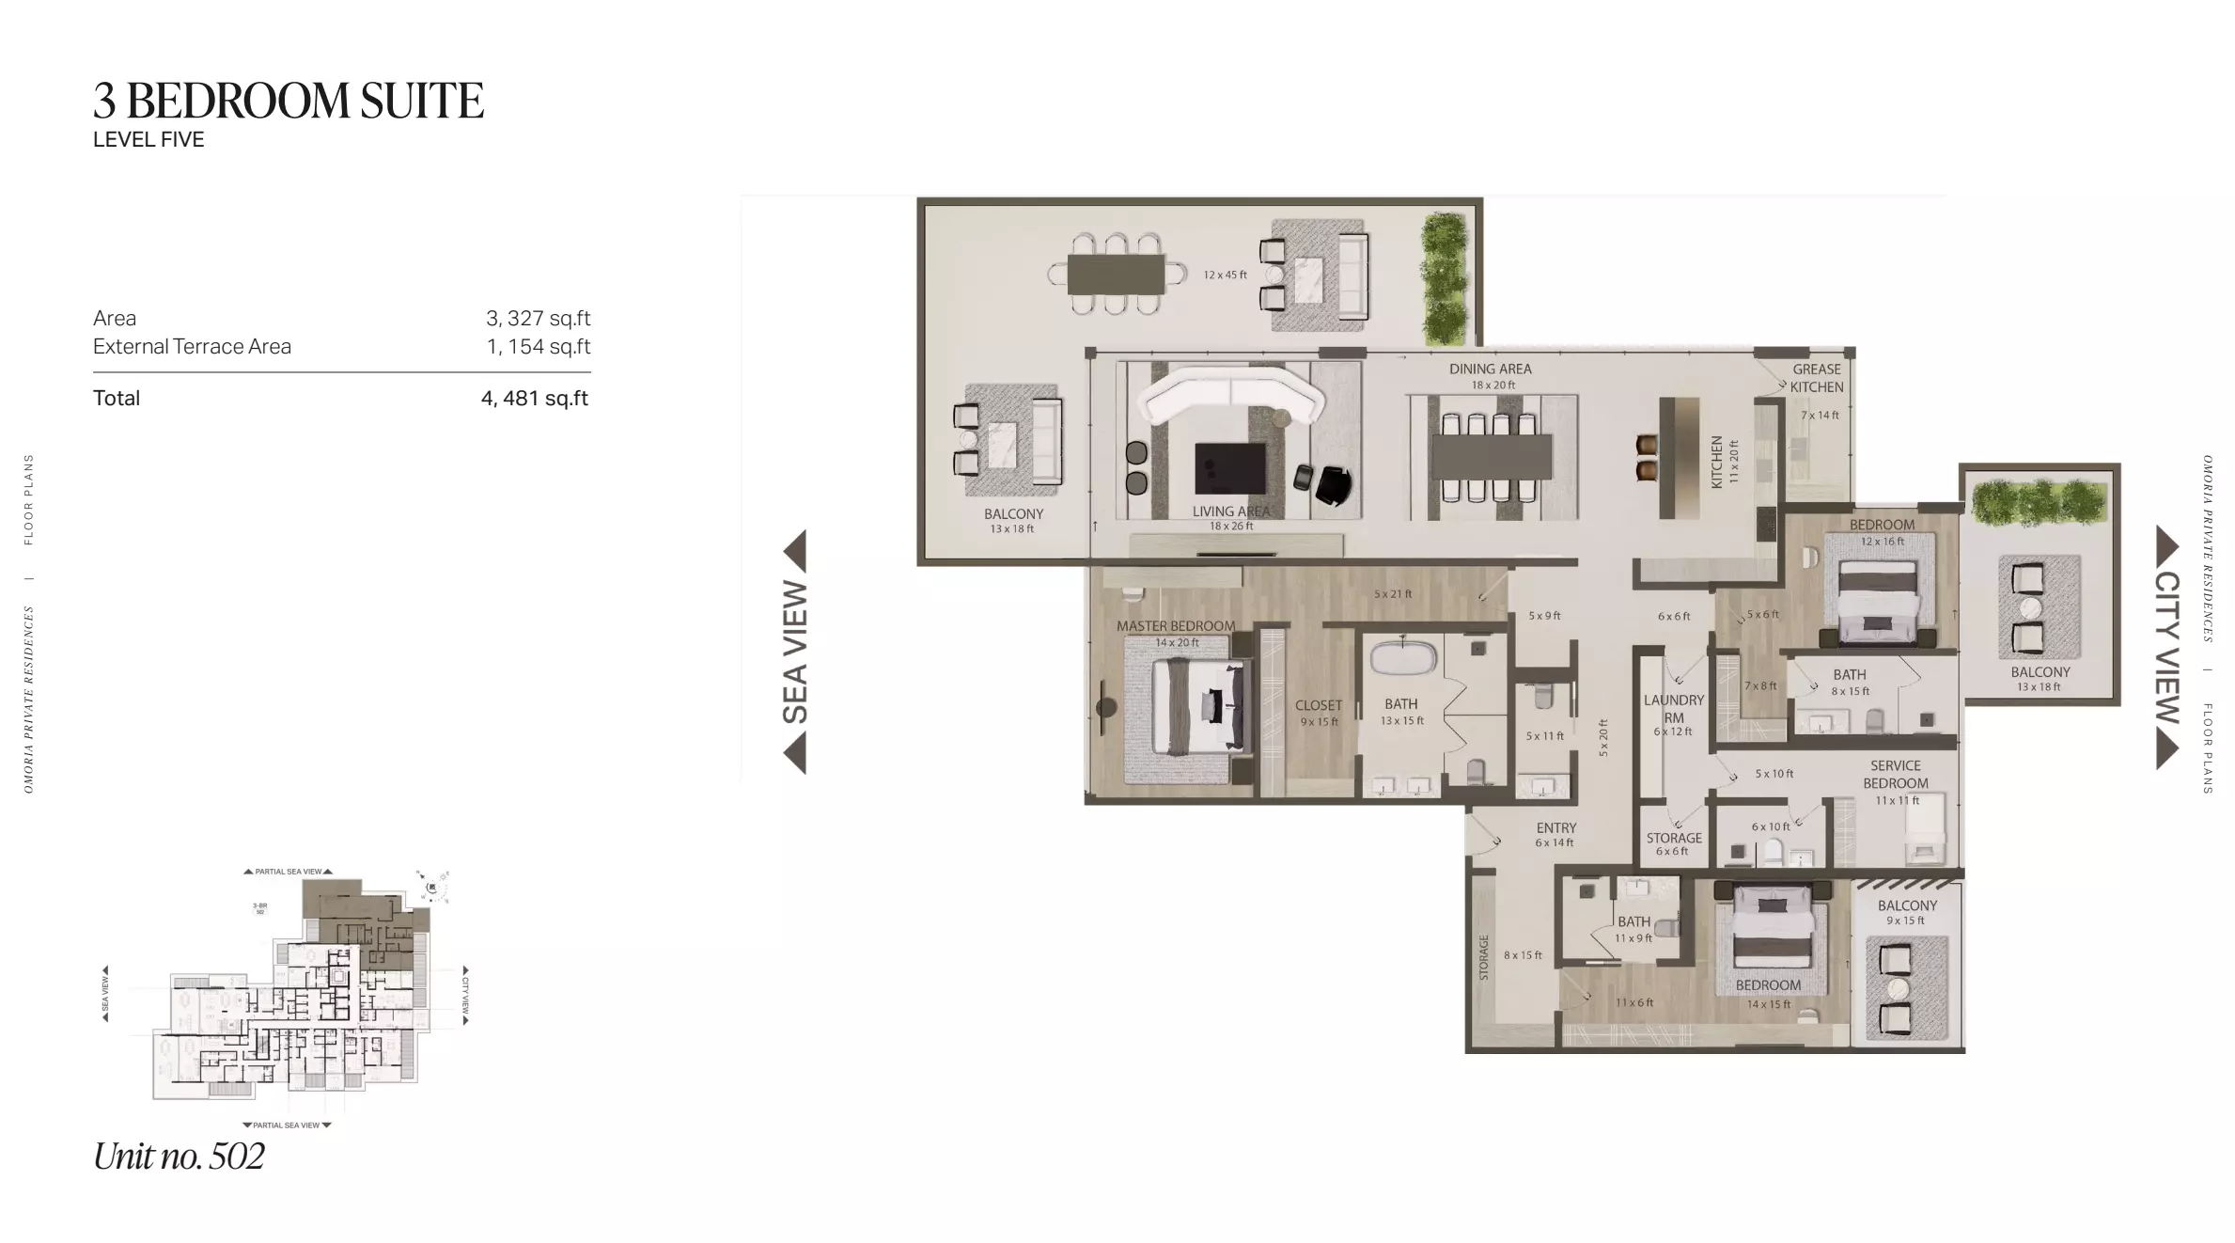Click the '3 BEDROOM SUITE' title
[289, 102]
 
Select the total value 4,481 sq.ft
[535, 399]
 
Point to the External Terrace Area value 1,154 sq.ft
[539, 347]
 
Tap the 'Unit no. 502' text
[179, 1156]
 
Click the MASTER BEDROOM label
[1176, 626]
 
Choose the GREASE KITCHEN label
[1816, 378]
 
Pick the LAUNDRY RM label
[1673, 708]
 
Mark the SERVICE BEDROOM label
[1895, 775]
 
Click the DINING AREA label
[1490, 370]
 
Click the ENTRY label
[1556, 828]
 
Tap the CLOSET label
[1318, 705]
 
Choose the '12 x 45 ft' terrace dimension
[1225, 275]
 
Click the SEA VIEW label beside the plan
[795, 652]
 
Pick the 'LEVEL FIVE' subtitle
[148, 140]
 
